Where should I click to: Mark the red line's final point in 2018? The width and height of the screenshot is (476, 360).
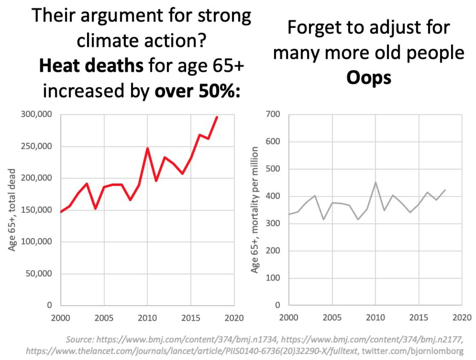coord(217,117)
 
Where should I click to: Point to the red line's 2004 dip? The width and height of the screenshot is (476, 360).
coord(95,209)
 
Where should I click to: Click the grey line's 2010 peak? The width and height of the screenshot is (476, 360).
coord(375,182)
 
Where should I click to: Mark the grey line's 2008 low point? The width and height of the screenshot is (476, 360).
coord(358,219)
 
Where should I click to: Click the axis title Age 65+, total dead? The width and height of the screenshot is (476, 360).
coord(12,210)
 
